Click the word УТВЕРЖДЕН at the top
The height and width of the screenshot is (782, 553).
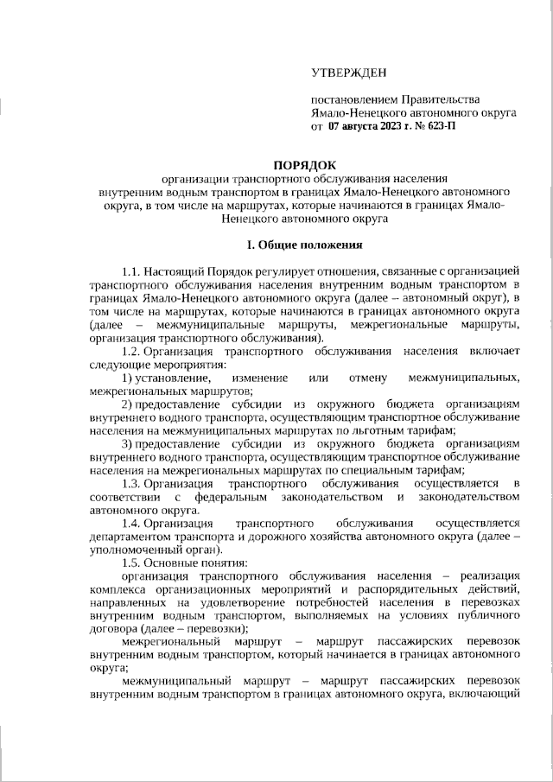click(350, 73)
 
